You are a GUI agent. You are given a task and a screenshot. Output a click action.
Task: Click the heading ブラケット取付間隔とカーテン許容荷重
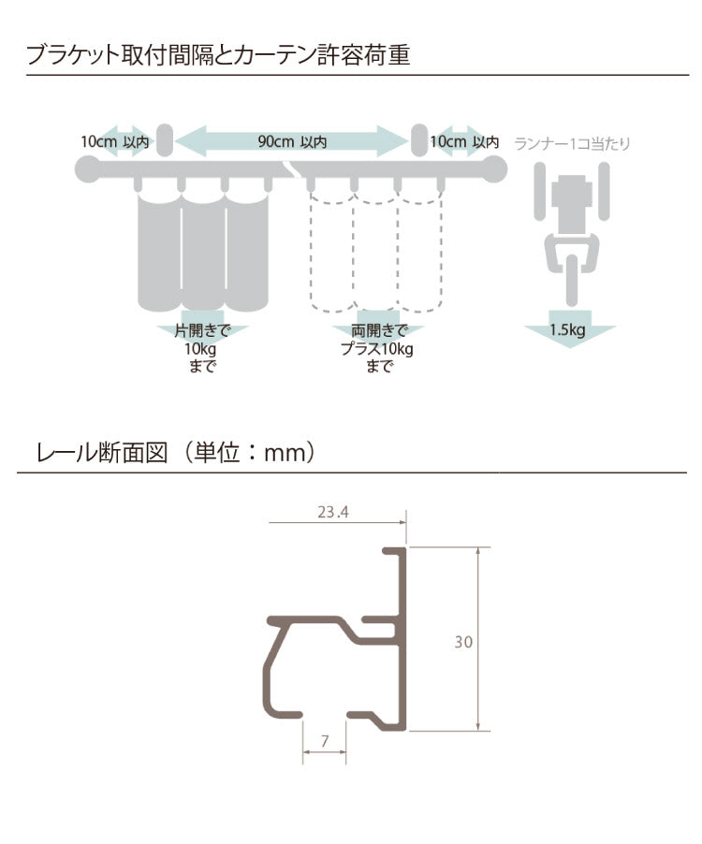coord(218,54)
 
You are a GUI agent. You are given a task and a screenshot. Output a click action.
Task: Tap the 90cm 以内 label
coord(292,142)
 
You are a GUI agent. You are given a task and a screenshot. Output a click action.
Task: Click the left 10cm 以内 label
coord(113,142)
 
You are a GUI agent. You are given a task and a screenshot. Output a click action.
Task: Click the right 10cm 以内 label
coord(464,142)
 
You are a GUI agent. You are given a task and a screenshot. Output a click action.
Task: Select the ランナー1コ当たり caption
coord(572,144)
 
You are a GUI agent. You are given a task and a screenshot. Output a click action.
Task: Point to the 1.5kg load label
coord(568,330)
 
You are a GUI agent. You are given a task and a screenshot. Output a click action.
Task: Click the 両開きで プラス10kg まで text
coord(377,349)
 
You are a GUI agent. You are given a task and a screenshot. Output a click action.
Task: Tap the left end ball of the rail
coord(87,169)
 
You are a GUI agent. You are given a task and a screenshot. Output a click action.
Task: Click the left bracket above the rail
coord(164,140)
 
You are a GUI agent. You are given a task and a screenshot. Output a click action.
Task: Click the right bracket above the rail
coord(418,140)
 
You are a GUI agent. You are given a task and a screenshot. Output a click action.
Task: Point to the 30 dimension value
coord(463,642)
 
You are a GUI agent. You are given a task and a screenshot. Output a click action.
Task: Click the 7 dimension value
coord(324,742)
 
